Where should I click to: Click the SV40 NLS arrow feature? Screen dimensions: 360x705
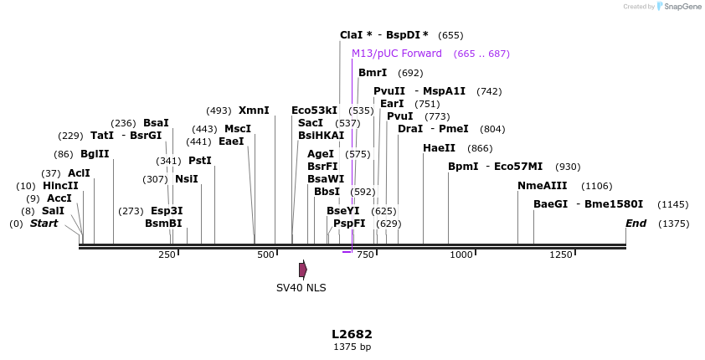click(x=303, y=270)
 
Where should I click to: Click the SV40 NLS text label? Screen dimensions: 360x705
click(x=301, y=288)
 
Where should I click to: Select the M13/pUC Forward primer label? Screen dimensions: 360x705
click(x=397, y=54)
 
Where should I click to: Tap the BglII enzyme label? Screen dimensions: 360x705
click(x=95, y=154)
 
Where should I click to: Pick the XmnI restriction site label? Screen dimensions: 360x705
click(x=254, y=111)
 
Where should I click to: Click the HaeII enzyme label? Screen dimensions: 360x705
click(x=439, y=148)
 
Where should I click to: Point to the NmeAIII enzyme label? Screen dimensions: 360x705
click(x=542, y=186)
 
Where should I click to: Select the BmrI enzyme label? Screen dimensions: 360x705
click(x=373, y=73)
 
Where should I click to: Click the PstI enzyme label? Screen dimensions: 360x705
click(x=200, y=161)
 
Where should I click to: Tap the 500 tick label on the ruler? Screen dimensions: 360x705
click(x=265, y=255)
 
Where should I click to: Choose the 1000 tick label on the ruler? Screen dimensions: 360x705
click(x=461, y=255)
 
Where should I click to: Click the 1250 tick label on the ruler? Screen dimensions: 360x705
click(x=560, y=255)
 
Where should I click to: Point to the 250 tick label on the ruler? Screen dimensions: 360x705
click(x=167, y=255)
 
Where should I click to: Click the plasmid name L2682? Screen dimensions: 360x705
click(x=352, y=334)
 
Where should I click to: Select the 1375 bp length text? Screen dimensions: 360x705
click(x=352, y=347)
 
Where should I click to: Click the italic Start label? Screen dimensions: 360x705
click(x=44, y=224)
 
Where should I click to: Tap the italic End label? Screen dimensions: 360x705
click(x=636, y=224)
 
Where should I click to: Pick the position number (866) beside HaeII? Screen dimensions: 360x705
click(x=480, y=148)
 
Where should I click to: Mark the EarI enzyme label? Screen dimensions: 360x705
click(x=392, y=104)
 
